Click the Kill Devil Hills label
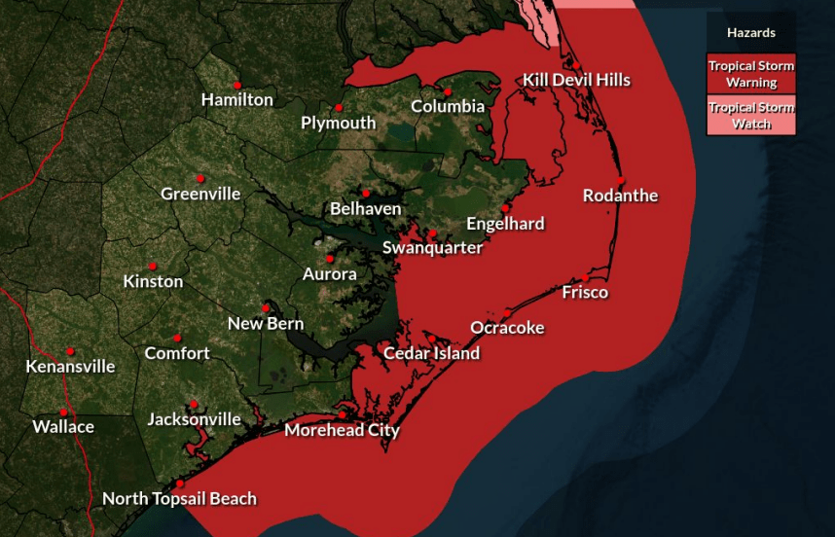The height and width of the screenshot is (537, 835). pos(576,80)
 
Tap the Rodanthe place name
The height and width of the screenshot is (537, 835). pos(620,196)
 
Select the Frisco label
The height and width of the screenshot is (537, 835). pos(585,292)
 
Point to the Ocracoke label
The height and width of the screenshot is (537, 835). pos(507,327)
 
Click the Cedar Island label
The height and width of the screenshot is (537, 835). pos(431,353)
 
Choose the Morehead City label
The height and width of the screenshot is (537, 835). pos(342,430)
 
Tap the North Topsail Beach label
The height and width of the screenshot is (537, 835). pos(179,499)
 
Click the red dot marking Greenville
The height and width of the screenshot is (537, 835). pos(200,178)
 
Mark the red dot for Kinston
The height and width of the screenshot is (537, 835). pos(153,266)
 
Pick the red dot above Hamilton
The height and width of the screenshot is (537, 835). pos(236,85)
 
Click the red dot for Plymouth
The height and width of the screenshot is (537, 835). pos(339,107)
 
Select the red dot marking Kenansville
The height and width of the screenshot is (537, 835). pos(70,351)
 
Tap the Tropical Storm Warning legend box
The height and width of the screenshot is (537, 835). pos(751,74)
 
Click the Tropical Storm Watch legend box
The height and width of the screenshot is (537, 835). pos(751,116)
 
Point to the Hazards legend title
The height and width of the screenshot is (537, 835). pos(751,32)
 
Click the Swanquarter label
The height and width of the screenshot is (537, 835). pos(432,248)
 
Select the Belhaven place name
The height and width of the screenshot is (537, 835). pos(365,209)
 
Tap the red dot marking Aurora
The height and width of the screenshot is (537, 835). pos(330,258)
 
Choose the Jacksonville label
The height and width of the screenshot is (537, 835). pos(194,419)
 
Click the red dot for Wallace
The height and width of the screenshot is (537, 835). pos(63,412)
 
